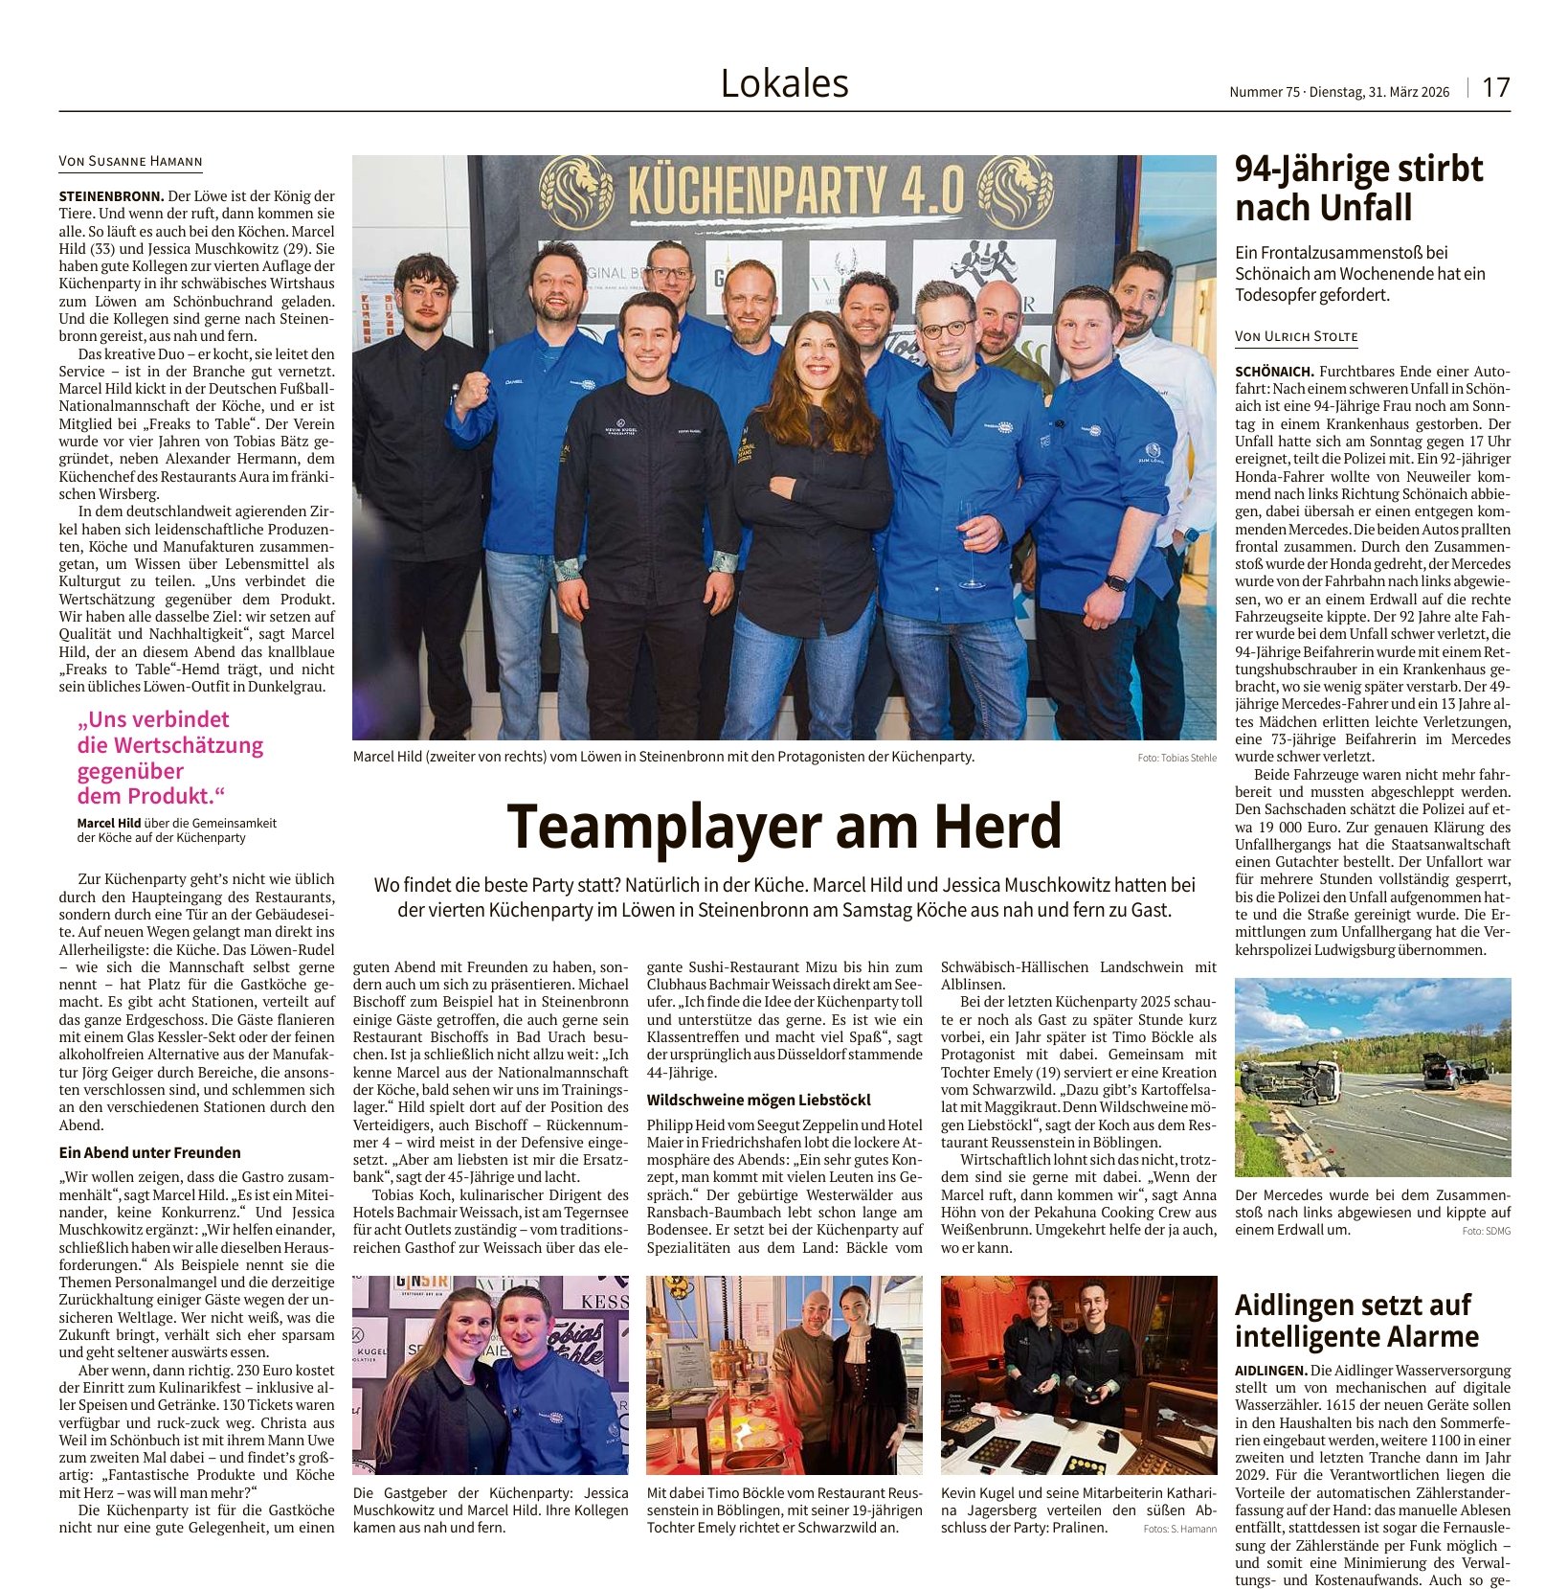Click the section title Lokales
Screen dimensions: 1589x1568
[784, 84]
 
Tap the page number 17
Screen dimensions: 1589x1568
[1495, 88]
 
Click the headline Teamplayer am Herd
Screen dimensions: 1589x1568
[784, 826]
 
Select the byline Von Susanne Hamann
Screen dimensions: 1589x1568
[131, 162]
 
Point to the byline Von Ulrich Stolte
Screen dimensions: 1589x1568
[1296, 336]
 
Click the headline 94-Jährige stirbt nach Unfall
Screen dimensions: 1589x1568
[1358, 188]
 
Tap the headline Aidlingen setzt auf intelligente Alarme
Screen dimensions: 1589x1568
[1356, 1320]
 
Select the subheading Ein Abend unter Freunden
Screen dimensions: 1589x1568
[149, 1152]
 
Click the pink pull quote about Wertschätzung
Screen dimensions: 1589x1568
[170, 757]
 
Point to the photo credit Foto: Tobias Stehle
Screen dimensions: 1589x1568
[1176, 758]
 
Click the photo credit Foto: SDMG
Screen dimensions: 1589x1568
[1486, 1231]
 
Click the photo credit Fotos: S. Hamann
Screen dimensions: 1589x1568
[1179, 1528]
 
